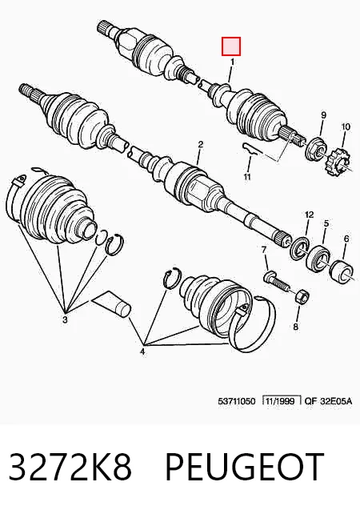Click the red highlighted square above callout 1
pyautogui.click(x=231, y=46)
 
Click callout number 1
pyautogui.click(x=232, y=62)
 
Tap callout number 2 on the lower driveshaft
pyautogui.click(x=201, y=144)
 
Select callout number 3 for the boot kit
pyautogui.click(x=65, y=319)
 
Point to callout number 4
pyautogui.click(x=142, y=351)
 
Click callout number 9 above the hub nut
pyautogui.click(x=323, y=114)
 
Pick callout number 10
pyautogui.click(x=346, y=126)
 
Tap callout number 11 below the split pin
pyautogui.click(x=247, y=177)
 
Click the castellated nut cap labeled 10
pyautogui.click(x=338, y=161)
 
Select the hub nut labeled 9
pyautogui.click(x=315, y=149)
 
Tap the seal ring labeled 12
pyautogui.click(x=299, y=249)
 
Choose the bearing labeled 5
pyautogui.click(x=318, y=259)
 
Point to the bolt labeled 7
pyautogui.click(x=277, y=280)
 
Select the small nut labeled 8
pyautogui.click(x=302, y=296)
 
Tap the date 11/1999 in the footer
pyautogui.click(x=280, y=400)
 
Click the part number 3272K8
pyautogui.click(x=70, y=466)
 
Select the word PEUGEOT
pyautogui.click(x=245, y=466)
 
